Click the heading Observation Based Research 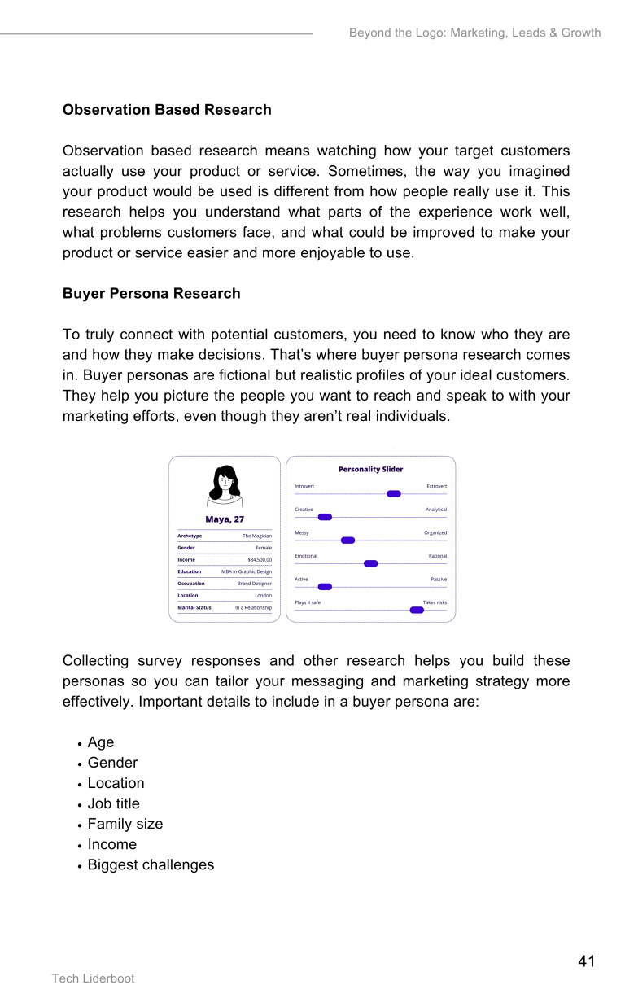coord(167,110)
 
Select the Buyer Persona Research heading coord(151,294)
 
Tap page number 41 coord(586,961)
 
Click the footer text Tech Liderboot coord(93,978)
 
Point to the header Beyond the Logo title coord(474,33)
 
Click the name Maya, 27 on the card coord(225,519)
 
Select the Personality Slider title coord(370,469)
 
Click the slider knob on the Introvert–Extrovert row coord(394,494)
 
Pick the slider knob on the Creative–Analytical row coord(325,517)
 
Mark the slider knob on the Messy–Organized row coord(347,541)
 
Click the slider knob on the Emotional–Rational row coord(371,563)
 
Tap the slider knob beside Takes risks coord(417,610)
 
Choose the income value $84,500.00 coord(260,560)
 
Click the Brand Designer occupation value coord(255,584)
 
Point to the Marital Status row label coord(194,607)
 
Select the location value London coord(263,595)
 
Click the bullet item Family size coord(125,824)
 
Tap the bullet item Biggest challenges coord(151,864)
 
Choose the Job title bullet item coord(114,803)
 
